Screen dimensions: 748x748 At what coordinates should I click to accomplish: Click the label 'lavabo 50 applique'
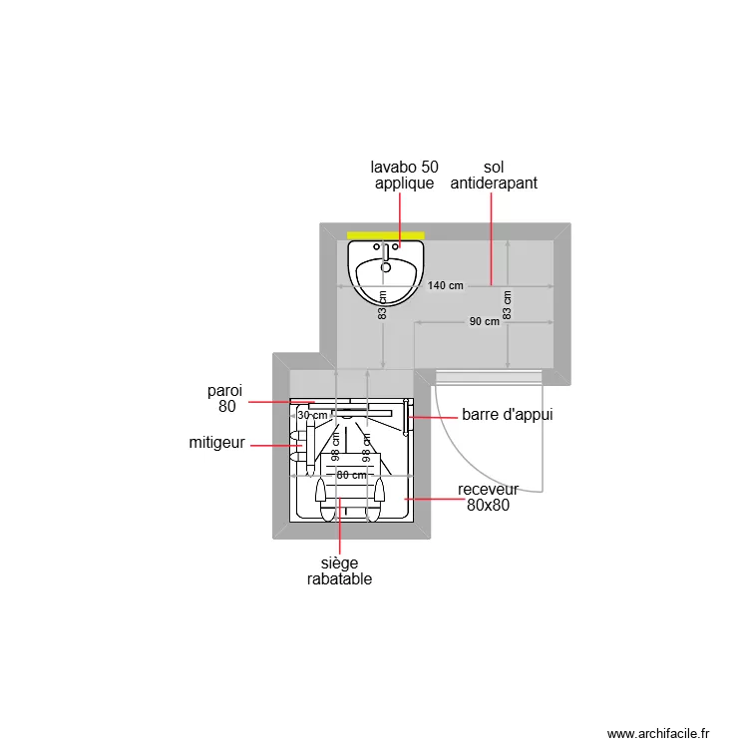point(404,176)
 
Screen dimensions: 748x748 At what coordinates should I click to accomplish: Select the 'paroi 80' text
point(225,398)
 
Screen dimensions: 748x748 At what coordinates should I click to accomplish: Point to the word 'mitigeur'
point(216,443)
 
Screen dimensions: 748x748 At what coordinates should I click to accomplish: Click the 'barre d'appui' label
point(507,415)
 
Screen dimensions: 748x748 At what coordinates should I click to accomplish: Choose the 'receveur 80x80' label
point(488,498)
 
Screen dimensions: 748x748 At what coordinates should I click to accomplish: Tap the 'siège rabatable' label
point(339,571)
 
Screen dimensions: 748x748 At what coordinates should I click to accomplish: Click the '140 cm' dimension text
point(446,286)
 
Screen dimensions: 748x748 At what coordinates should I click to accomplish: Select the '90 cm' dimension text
point(485,321)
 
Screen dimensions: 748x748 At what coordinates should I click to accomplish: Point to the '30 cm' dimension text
point(312,416)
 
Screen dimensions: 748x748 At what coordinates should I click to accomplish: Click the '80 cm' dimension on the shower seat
point(351,476)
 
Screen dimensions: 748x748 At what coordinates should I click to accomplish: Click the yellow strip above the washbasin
point(386,235)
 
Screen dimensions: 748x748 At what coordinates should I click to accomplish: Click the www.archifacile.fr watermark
point(657,733)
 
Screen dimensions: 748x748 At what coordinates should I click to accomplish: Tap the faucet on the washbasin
point(386,252)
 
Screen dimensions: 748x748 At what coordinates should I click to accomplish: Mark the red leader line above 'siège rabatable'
point(340,529)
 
